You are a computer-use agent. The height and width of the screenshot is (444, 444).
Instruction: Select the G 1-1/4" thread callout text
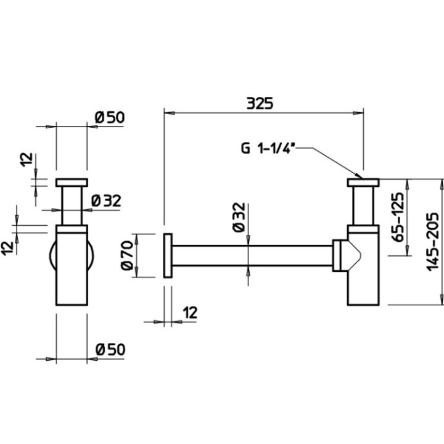268,148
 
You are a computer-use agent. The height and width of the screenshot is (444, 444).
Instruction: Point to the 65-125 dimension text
397,216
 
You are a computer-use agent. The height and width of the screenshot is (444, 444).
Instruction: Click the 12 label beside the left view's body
8,247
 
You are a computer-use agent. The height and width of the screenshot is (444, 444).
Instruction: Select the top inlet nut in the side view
363,183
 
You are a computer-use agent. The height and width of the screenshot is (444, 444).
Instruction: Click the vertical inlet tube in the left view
72,207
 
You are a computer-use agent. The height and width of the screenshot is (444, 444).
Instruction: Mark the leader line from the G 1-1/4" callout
333,160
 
